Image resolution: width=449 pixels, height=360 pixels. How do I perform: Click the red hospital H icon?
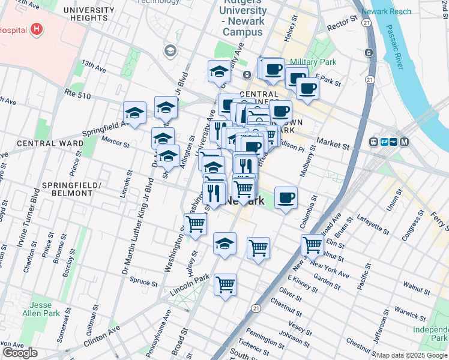point(38,29)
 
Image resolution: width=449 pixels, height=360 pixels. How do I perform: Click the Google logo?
point(20,353)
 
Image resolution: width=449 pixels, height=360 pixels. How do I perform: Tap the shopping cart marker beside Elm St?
point(312,244)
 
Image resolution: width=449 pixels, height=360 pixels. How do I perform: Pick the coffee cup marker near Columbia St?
point(286,197)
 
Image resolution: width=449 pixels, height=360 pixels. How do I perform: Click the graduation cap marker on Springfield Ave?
point(135,112)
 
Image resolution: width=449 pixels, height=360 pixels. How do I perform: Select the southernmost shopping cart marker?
point(225,284)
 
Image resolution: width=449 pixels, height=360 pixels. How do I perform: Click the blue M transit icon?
point(404,142)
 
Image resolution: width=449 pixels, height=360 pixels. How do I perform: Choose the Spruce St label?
point(143,281)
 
